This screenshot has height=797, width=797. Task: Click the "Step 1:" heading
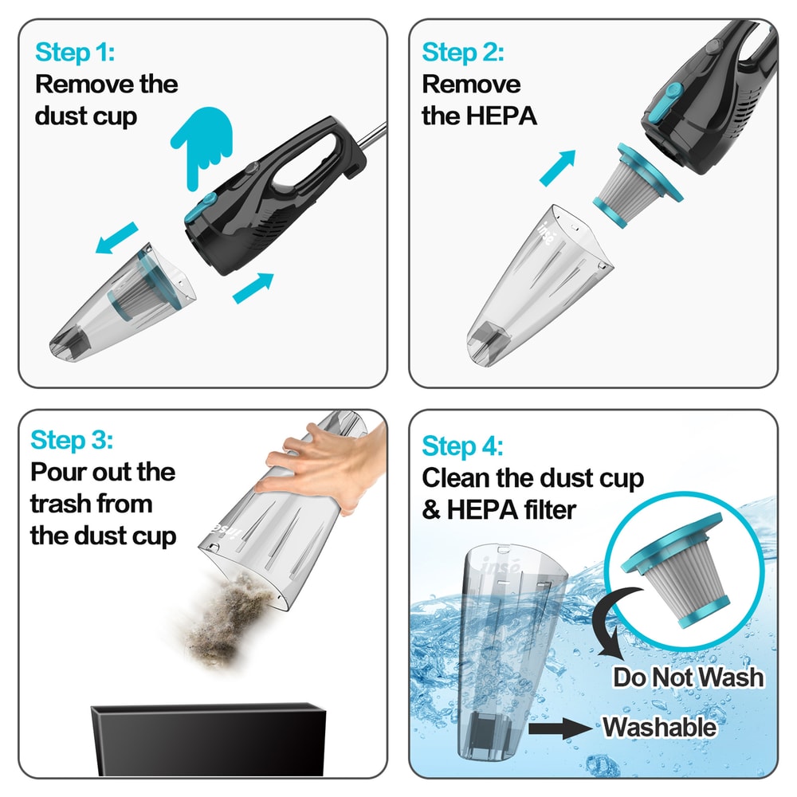coord(75,53)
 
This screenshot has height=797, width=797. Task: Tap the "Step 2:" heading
coord(462,53)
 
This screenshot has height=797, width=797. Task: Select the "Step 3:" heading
coord(72,439)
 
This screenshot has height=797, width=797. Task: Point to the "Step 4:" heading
coord(462,446)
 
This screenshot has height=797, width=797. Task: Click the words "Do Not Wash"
coord(688,677)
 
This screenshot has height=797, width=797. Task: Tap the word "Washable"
coord(658,727)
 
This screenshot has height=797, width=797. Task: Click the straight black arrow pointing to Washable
coord(567,728)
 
